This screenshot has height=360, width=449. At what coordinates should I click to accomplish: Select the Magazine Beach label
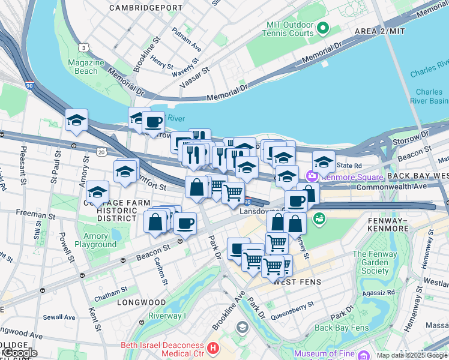tap(83, 67)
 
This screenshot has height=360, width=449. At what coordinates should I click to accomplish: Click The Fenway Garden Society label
tap(375, 262)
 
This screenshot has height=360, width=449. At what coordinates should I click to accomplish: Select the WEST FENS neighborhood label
tap(299, 282)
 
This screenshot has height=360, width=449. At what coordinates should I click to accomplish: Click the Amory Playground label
tap(92, 240)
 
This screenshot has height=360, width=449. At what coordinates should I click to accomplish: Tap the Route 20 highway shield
tap(101, 153)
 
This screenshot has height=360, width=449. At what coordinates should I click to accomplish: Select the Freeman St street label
tap(35, 214)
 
